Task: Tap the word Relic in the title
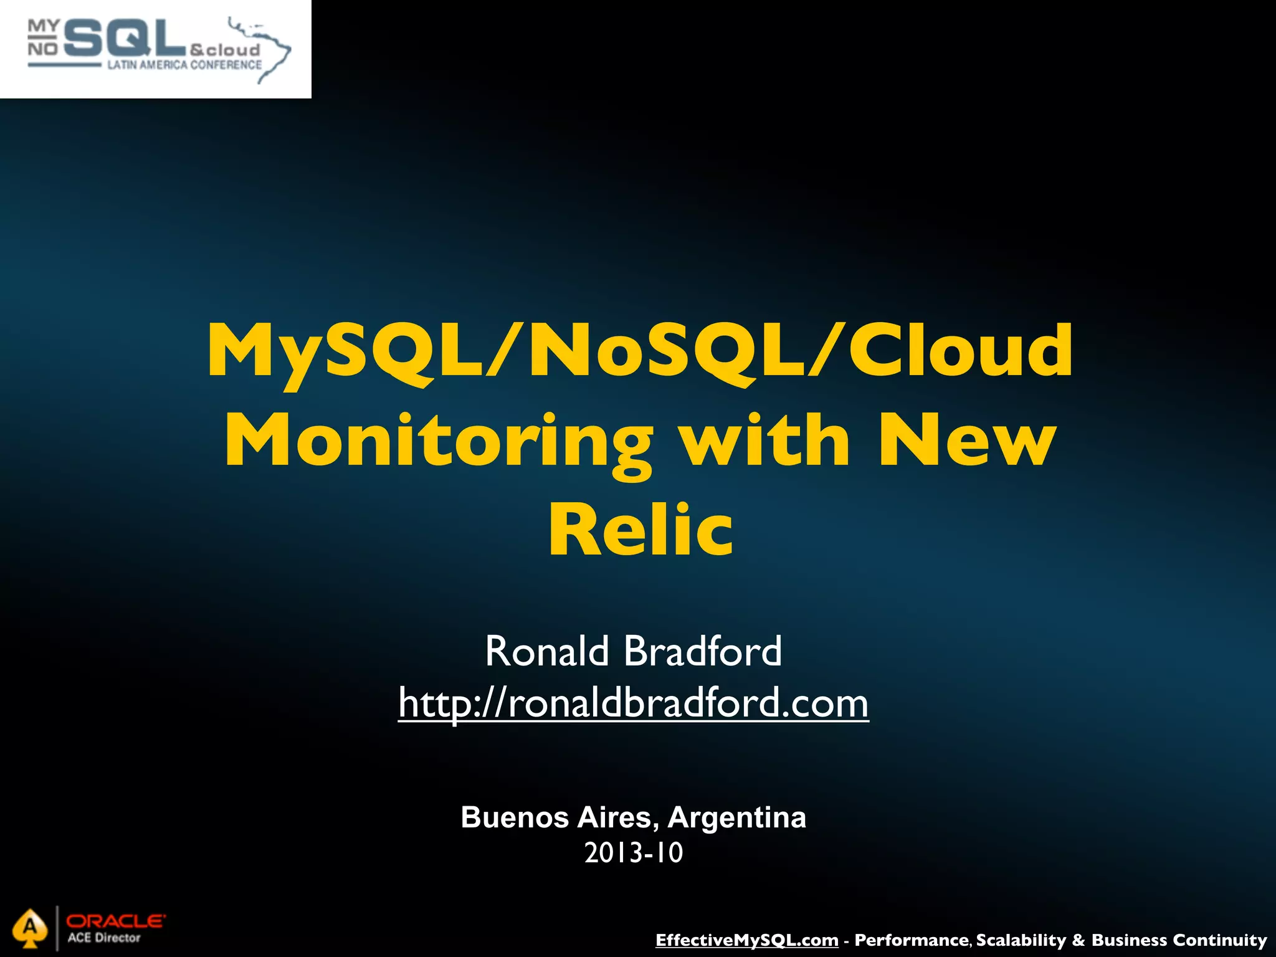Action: [640, 530]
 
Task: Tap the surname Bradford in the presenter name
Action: [702, 651]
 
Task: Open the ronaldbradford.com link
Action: [633, 703]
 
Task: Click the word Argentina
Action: [736, 817]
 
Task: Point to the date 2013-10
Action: [634, 852]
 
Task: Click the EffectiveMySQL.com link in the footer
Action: [746, 940]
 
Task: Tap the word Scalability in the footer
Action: [1021, 940]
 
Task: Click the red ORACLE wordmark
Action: [116, 921]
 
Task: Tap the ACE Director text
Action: [104, 938]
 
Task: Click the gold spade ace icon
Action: [30, 928]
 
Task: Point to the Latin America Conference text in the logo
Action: [184, 65]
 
